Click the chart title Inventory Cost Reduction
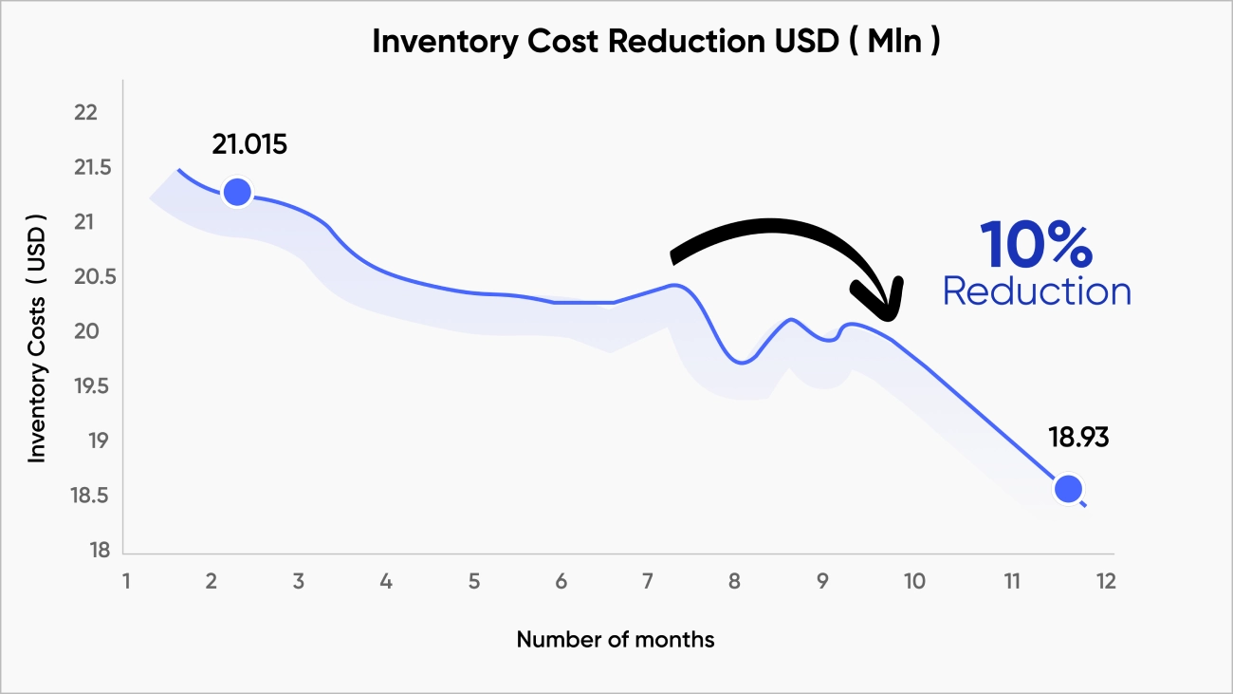(655, 44)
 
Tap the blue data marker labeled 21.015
(236, 192)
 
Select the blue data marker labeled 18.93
(1068, 489)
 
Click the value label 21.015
(248, 145)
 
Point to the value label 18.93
(1078, 438)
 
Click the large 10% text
(1036, 245)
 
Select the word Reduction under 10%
(1037, 292)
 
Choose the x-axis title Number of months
(616, 640)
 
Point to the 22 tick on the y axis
(85, 114)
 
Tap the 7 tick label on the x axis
(649, 581)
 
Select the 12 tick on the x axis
(1104, 581)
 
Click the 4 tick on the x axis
(386, 581)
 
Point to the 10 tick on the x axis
(914, 581)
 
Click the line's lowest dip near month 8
(742, 362)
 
